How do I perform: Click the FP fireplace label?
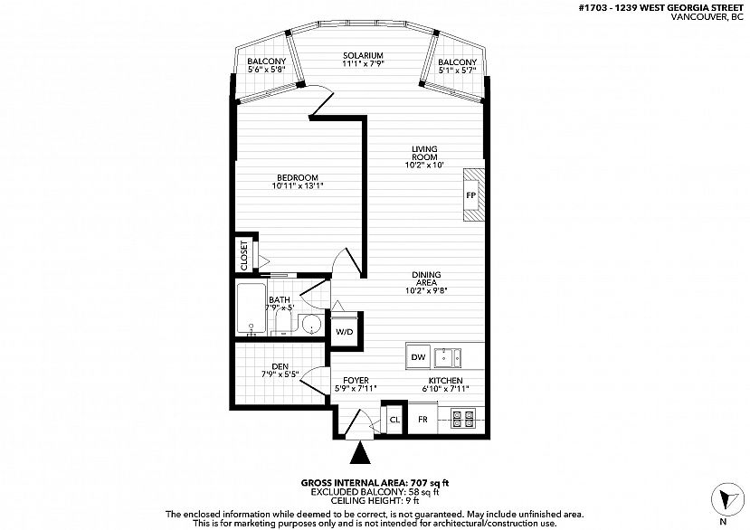pos(471,195)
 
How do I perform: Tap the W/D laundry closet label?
pos(344,332)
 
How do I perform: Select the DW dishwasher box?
pos(418,357)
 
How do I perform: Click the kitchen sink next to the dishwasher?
pos(448,357)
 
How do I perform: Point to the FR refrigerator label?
pos(422,420)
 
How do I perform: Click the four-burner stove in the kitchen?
pos(463,419)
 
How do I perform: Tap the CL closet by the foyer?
pos(394,420)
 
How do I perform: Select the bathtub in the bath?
pos(252,308)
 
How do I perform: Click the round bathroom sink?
pos(312,325)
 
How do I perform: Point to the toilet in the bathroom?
pos(283,321)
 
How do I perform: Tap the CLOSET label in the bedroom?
pos(244,255)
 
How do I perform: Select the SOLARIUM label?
pos(363,55)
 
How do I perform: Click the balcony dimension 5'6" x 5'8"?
pos(266,69)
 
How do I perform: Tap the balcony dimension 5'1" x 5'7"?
pos(457,70)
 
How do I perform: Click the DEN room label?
pos(280,366)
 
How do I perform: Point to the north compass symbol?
pos(726,500)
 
